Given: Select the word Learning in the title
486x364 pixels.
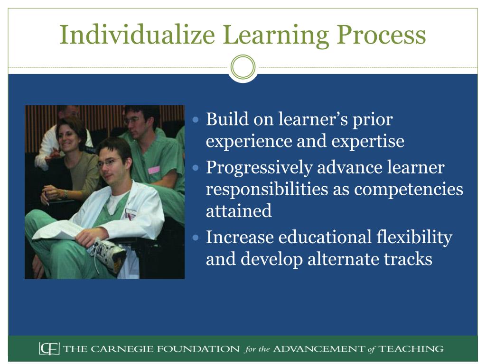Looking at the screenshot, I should tap(275, 36).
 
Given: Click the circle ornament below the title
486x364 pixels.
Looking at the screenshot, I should tap(243, 68).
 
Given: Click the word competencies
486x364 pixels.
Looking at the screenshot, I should tap(409, 189).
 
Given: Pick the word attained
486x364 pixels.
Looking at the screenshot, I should tap(239, 211).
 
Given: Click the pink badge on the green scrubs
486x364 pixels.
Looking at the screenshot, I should tap(153, 170).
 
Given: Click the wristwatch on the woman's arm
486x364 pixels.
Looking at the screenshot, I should tap(66, 194).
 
